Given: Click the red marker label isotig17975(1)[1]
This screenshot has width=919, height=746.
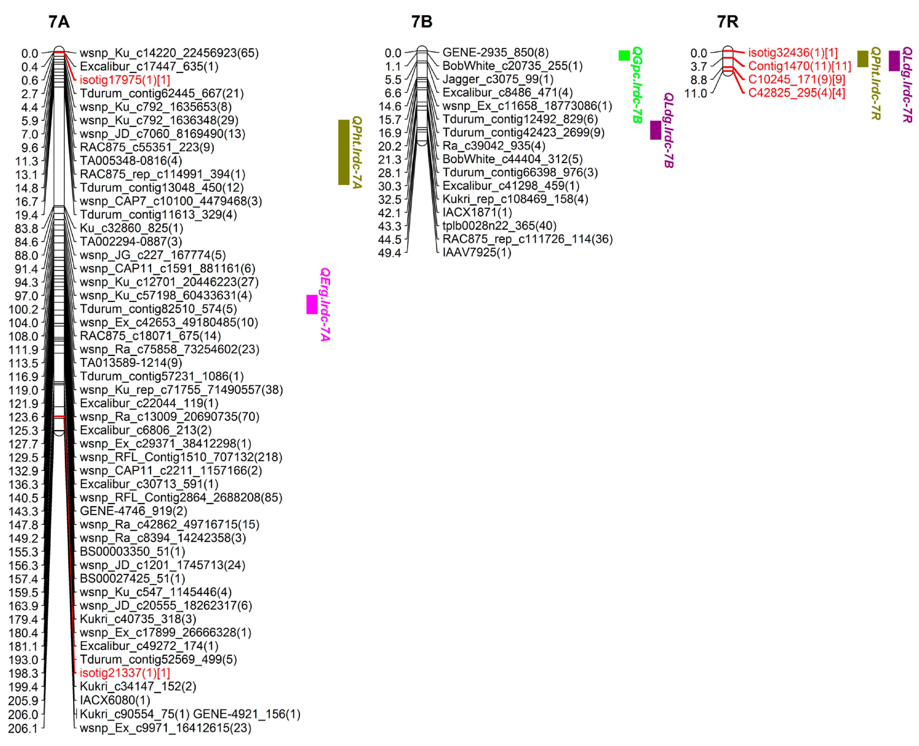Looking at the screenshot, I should [125, 80].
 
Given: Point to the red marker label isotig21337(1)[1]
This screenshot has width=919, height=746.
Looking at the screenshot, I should [125, 673].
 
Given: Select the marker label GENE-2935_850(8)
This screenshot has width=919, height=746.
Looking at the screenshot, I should [495, 52].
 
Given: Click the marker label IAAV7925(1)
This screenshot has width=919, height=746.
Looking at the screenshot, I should [477, 252].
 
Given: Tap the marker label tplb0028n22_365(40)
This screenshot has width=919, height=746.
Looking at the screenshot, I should [499, 226].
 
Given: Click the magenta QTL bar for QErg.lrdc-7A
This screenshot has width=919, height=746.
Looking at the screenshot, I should [312, 304].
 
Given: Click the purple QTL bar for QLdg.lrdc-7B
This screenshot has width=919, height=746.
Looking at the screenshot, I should [655, 130].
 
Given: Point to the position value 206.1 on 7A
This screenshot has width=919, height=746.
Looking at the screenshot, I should [23, 728].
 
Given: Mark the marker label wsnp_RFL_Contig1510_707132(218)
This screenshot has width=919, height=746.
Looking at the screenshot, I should [181, 457].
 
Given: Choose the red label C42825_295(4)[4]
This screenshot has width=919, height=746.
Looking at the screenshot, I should [796, 93].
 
